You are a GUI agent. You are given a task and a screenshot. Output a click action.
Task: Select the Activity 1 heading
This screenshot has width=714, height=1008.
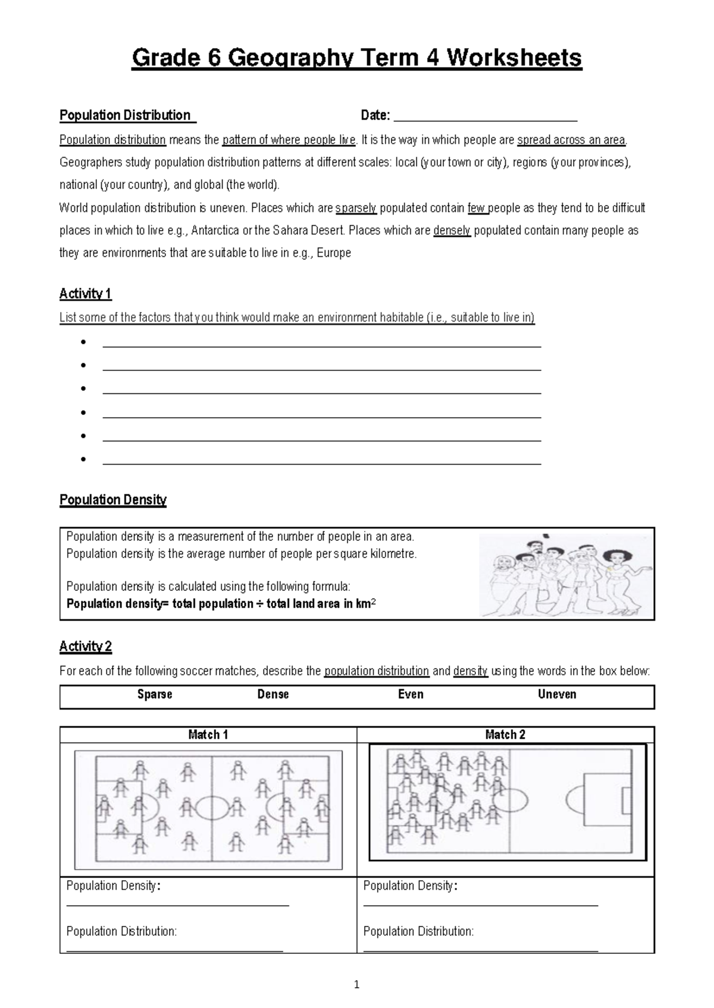(x=85, y=294)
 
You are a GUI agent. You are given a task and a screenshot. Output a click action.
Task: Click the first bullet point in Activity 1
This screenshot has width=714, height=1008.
(x=83, y=342)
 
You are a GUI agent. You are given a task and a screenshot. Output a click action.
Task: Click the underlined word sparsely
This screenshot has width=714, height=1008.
(x=356, y=208)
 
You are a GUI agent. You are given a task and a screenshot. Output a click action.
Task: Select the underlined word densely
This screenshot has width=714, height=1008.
(x=452, y=231)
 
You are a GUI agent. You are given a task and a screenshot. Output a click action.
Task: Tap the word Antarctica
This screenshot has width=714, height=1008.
(x=215, y=231)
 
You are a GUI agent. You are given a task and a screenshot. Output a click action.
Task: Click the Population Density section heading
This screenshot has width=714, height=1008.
(x=113, y=500)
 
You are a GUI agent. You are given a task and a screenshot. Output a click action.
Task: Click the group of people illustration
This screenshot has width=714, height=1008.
(x=565, y=574)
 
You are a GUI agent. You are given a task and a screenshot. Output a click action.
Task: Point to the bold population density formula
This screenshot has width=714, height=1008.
(x=221, y=604)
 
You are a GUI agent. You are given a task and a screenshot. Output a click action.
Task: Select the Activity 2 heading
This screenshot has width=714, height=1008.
(x=85, y=647)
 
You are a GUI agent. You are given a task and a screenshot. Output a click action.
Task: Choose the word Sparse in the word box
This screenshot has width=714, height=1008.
(x=155, y=694)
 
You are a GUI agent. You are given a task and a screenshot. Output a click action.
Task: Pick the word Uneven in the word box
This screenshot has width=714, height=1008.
(x=557, y=694)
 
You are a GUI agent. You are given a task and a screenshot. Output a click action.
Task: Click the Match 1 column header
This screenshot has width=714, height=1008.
(x=208, y=735)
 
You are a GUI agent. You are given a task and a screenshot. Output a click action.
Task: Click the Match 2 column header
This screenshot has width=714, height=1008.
(x=505, y=735)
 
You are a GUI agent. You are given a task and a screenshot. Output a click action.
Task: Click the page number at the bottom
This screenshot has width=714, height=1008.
(x=356, y=985)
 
